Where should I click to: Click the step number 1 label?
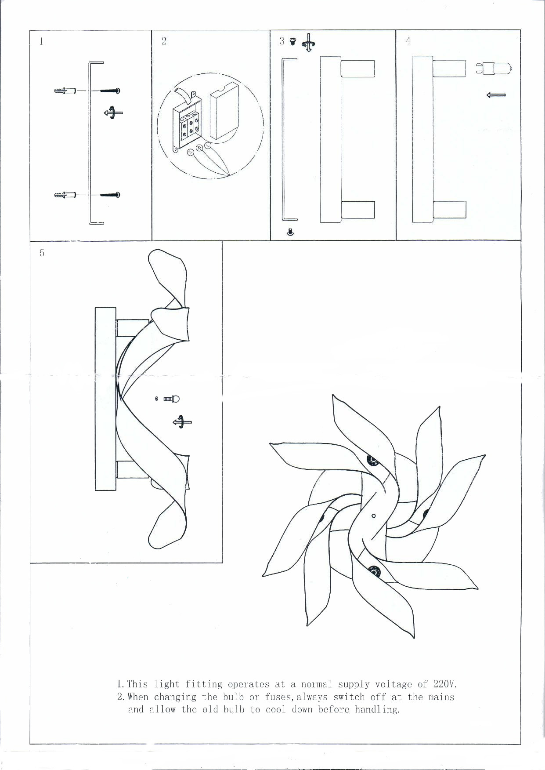(x=41, y=42)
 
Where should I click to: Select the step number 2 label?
(x=164, y=41)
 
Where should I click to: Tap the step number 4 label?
(x=408, y=41)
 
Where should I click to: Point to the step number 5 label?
(x=42, y=253)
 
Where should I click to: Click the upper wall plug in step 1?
(x=65, y=91)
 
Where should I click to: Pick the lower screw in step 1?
(x=110, y=195)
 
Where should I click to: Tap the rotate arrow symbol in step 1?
(x=113, y=112)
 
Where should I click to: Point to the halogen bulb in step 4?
(x=494, y=69)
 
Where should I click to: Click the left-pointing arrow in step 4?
(x=496, y=95)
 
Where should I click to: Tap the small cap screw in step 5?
(x=171, y=399)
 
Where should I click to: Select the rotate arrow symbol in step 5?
(x=182, y=422)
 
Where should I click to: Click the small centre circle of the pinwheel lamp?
(x=374, y=516)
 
